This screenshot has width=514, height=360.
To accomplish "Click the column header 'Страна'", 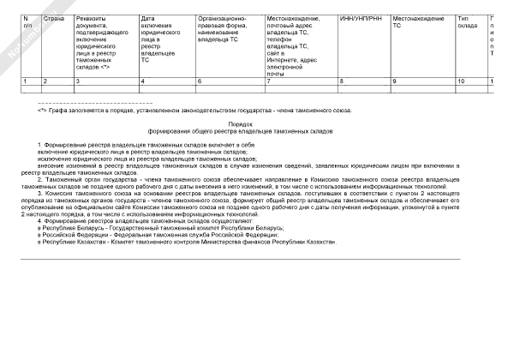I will coord(53,16).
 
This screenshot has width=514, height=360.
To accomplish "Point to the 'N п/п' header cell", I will coord(27,21).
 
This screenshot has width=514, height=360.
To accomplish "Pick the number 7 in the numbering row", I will coord(268,81).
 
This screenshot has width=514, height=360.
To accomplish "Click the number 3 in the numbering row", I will coord(78,81).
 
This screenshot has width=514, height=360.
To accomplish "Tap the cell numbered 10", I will coord(461,81).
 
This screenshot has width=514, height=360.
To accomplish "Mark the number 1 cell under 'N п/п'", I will coord(24,81).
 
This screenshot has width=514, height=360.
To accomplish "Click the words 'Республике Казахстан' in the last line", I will coord(73,242).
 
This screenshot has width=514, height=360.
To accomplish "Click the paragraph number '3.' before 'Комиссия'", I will coord(40,195).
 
